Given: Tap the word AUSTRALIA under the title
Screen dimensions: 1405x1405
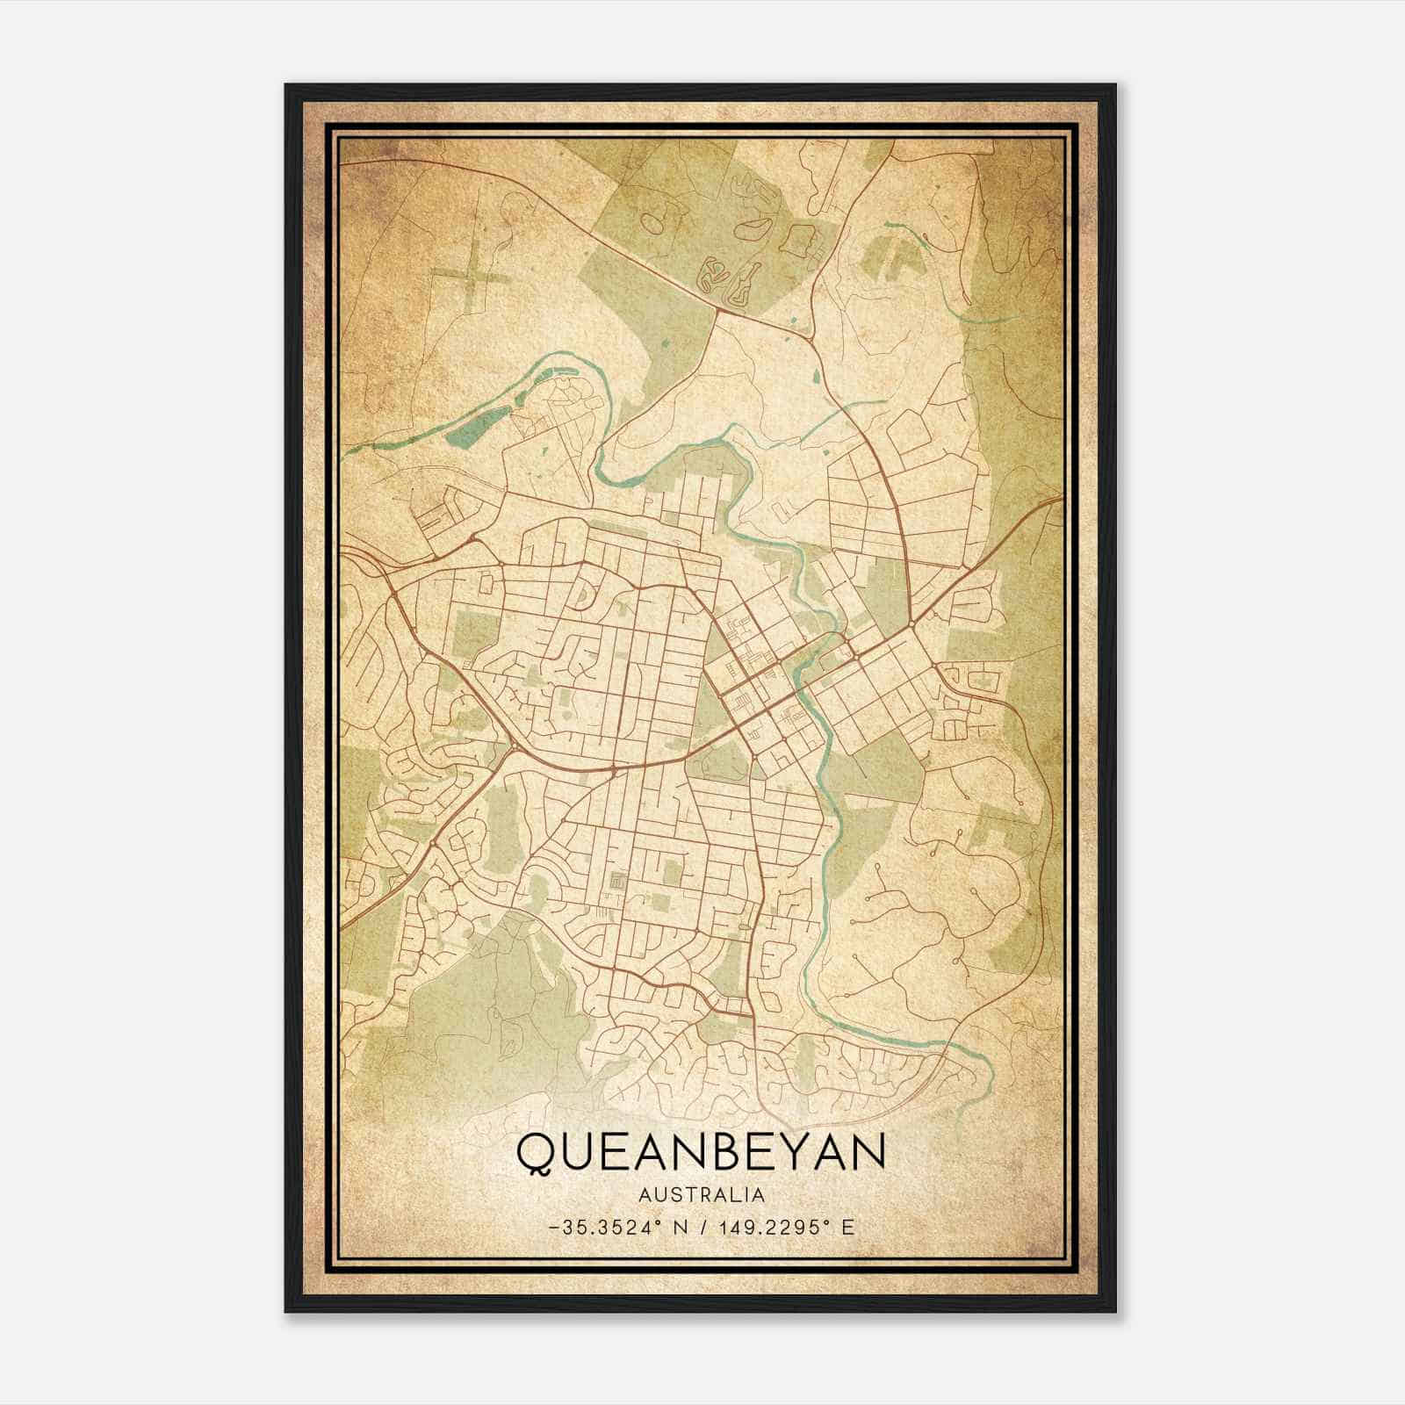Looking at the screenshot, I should [701, 1195].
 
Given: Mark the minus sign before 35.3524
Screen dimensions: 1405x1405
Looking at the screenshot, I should [551, 1228].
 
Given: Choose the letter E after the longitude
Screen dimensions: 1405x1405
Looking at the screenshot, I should [847, 1227].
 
